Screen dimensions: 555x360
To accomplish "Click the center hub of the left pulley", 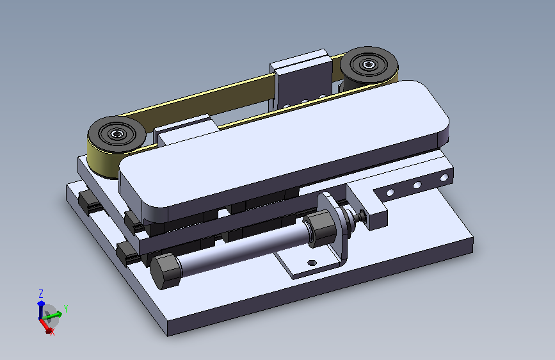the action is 117,134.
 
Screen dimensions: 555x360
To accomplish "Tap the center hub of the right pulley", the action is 369,65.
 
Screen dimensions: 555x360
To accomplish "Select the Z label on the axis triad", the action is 41,294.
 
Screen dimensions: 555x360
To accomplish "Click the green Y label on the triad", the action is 65,308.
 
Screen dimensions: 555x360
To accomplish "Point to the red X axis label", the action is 52,332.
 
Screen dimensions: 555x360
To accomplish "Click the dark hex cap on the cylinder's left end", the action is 166,271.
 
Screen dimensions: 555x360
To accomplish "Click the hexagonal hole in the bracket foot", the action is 312,263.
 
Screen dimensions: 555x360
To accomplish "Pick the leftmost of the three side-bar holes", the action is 390,192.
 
